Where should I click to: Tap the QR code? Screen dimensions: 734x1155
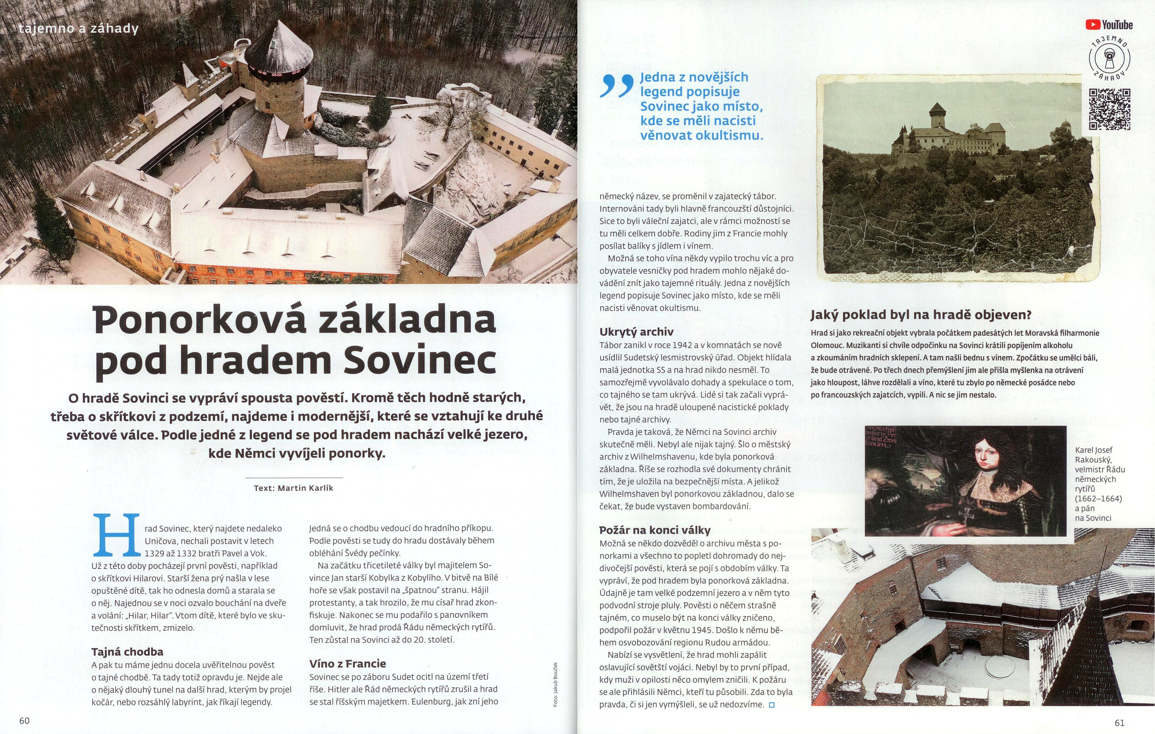tap(1109, 110)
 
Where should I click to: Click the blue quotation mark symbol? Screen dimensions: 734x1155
tap(616, 86)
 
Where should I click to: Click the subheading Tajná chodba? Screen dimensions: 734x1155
tap(127, 652)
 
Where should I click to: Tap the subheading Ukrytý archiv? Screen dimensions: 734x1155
tap(636, 332)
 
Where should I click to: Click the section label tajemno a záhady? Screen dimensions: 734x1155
tap(78, 29)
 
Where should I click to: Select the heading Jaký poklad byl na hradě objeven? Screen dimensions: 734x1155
tap(920, 315)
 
